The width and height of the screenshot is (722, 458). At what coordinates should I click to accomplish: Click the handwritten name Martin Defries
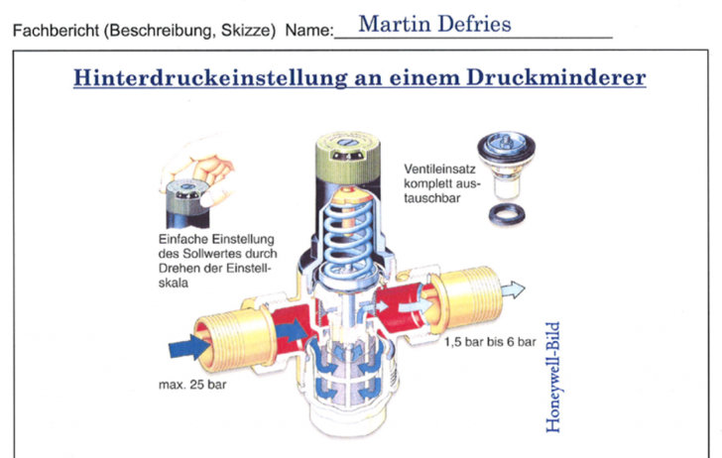[x=434, y=24]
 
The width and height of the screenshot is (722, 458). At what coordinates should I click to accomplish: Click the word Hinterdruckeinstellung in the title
[x=210, y=77]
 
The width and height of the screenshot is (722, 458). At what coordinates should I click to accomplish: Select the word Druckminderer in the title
[x=555, y=77]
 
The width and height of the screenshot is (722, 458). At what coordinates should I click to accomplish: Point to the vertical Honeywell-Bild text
[x=552, y=377]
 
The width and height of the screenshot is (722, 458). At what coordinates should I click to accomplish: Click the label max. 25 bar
[x=192, y=385]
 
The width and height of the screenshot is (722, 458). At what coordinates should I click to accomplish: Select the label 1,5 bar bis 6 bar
[x=490, y=342]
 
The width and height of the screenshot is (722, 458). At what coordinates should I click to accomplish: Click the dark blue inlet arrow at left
[x=189, y=347]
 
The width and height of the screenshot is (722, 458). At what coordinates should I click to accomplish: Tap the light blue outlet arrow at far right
[x=513, y=290]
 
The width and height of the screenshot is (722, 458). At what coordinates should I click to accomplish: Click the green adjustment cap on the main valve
[x=348, y=158]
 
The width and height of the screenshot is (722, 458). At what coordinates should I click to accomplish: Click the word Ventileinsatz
[x=439, y=169]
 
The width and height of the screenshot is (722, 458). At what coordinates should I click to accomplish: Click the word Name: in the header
[x=309, y=31]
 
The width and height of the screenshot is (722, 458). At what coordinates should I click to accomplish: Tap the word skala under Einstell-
[x=174, y=283]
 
